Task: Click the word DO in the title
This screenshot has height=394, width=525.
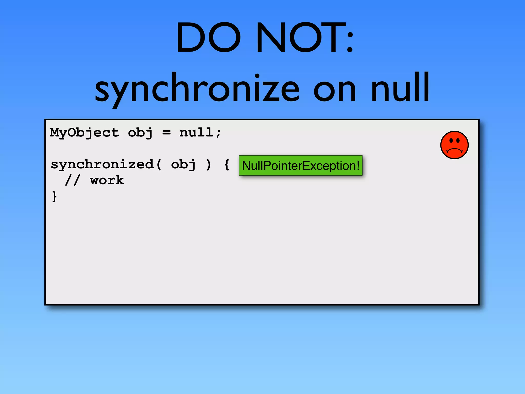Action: point(208,37)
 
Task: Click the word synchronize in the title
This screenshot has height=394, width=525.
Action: point(197,88)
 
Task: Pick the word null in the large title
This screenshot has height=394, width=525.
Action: point(400,87)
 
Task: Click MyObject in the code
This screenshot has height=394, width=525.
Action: point(84,133)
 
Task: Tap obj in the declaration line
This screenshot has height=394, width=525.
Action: point(140,133)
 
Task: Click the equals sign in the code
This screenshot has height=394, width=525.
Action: point(166,133)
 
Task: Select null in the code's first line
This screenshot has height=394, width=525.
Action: point(196,132)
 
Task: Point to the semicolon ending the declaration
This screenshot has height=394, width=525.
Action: point(218,133)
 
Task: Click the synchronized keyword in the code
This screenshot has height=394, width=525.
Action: point(102,164)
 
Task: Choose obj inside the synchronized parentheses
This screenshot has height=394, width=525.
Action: point(183,164)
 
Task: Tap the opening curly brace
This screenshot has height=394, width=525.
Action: point(227,165)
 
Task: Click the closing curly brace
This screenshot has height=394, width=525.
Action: point(54,196)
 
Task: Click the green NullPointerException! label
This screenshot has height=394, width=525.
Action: point(300,165)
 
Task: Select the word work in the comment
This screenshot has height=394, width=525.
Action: point(107,180)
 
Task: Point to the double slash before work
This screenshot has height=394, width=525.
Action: point(73,180)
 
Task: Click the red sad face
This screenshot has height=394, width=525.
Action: point(454,145)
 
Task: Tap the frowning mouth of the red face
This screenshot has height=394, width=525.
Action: point(454,150)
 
